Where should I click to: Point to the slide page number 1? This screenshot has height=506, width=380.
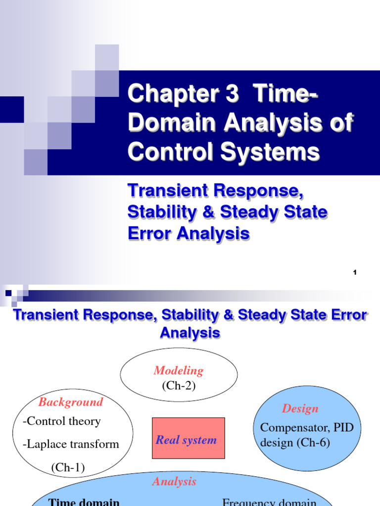click(x=355, y=273)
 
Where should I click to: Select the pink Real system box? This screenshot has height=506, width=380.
click(x=188, y=438)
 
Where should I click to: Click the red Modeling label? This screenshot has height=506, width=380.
click(x=179, y=371)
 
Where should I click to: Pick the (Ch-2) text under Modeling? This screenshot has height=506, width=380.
click(x=179, y=386)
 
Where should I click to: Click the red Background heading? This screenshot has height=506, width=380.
click(x=71, y=402)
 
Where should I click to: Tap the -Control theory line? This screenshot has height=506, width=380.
click(x=61, y=422)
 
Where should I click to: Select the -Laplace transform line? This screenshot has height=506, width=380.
click(x=71, y=444)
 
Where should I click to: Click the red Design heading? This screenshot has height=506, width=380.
click(x=300, y=409)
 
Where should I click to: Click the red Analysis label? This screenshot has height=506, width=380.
click(x=174, y=481)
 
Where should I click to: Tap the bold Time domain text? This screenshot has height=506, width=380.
click(x=84, y=501)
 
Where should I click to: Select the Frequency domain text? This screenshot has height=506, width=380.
click(x=269, y=502)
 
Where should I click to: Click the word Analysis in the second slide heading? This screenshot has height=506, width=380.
click(x=190, y=333)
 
